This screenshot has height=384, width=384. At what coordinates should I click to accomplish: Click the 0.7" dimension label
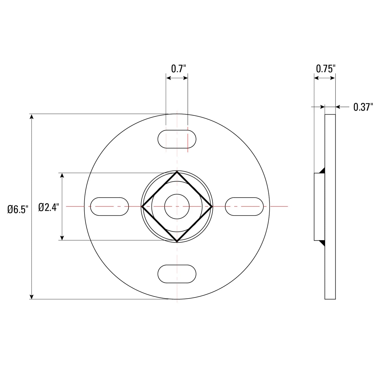pyautogui.click(x=178, y=69)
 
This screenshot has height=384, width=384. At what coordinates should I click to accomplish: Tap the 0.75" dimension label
pyautogui.click(x=326, y=69)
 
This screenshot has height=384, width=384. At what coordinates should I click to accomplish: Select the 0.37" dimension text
pyautogui.click(x=363, y=107)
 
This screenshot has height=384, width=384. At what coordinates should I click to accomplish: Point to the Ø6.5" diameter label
pyautogui.click(x=17, y=209)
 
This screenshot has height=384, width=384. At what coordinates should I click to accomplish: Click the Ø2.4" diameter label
pyautogui.click(x=49, y=207)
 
